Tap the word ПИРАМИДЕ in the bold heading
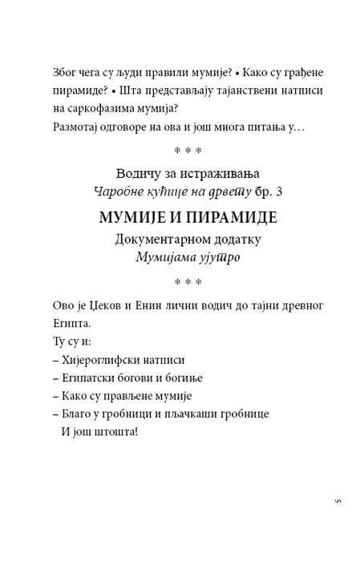tap(221, 218)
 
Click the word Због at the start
tap(63, 71)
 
